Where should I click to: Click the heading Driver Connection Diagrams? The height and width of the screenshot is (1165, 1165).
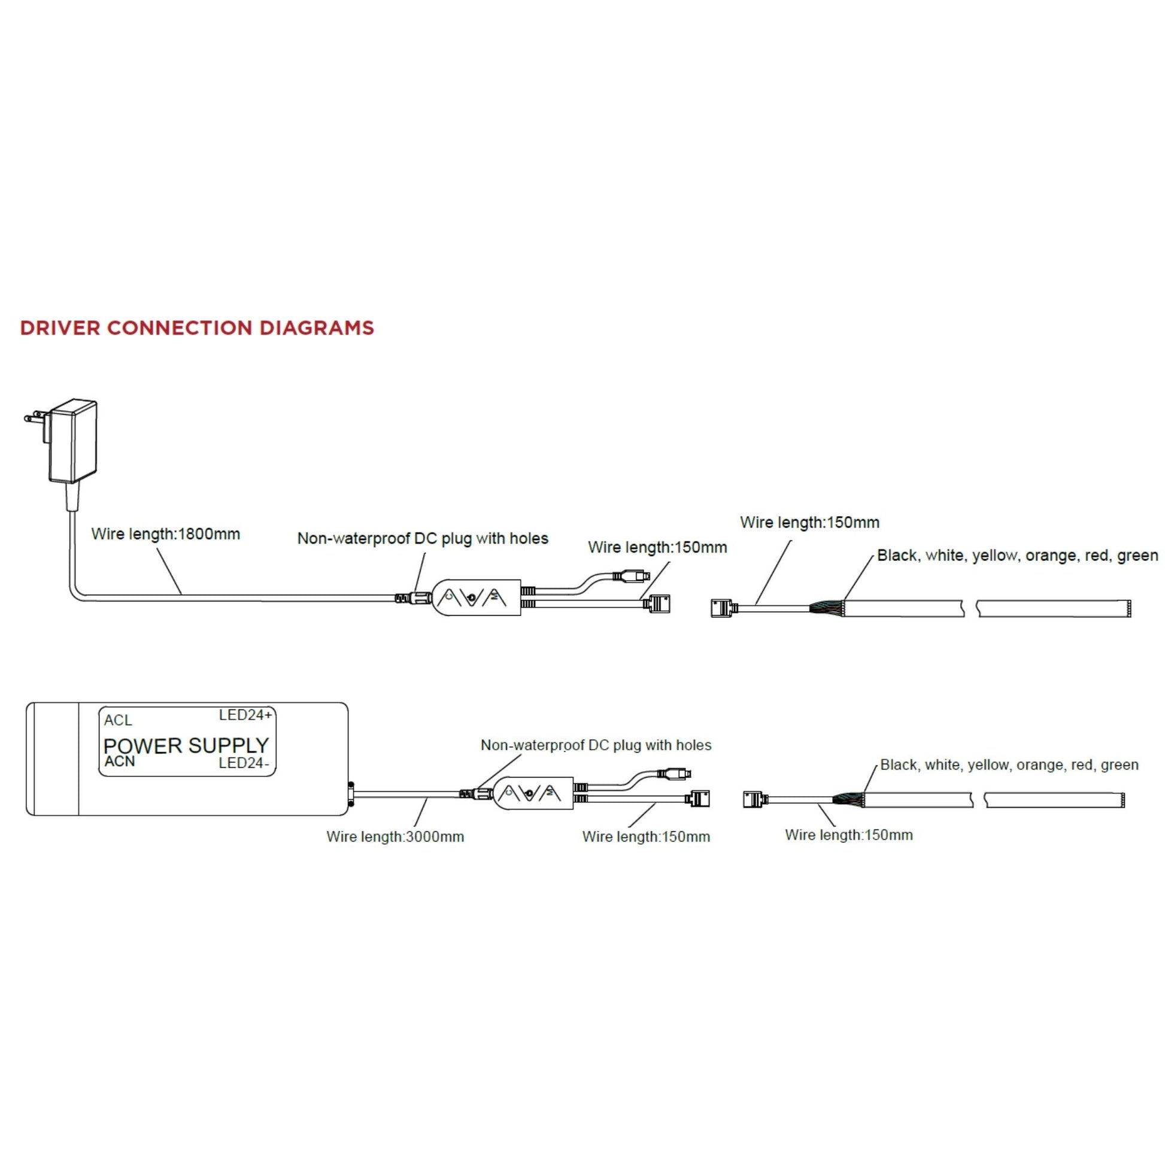click(196, 328)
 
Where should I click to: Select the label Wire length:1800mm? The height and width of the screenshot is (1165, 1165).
click(165, 533)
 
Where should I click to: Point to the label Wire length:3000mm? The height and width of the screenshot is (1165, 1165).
click(395, 836)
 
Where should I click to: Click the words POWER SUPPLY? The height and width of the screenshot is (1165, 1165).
click(186, 745)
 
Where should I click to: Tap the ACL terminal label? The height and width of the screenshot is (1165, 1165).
click(117, 720)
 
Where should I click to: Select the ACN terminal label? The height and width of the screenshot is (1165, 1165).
click(119, 762)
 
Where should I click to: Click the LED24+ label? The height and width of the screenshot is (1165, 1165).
click(245, 715)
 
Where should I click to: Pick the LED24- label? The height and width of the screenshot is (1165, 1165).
click(244, 763)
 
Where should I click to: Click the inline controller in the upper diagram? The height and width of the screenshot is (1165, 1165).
click(477, 597)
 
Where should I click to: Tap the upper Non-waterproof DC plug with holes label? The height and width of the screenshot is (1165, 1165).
click(423, 538)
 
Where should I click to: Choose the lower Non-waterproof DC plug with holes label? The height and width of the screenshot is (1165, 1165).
click(596, 745)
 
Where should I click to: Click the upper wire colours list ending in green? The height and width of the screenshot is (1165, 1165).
click(1017, 556)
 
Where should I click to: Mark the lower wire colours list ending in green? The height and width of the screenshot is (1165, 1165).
click(1009, 764)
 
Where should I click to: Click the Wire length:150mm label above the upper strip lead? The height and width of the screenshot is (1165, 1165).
click(809, 522)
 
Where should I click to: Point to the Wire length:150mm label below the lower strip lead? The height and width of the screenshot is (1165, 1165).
click(848, 835)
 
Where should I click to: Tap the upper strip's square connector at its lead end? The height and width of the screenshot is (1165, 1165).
click(721, 608)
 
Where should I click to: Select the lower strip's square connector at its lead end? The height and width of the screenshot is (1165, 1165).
click(753, 800)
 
